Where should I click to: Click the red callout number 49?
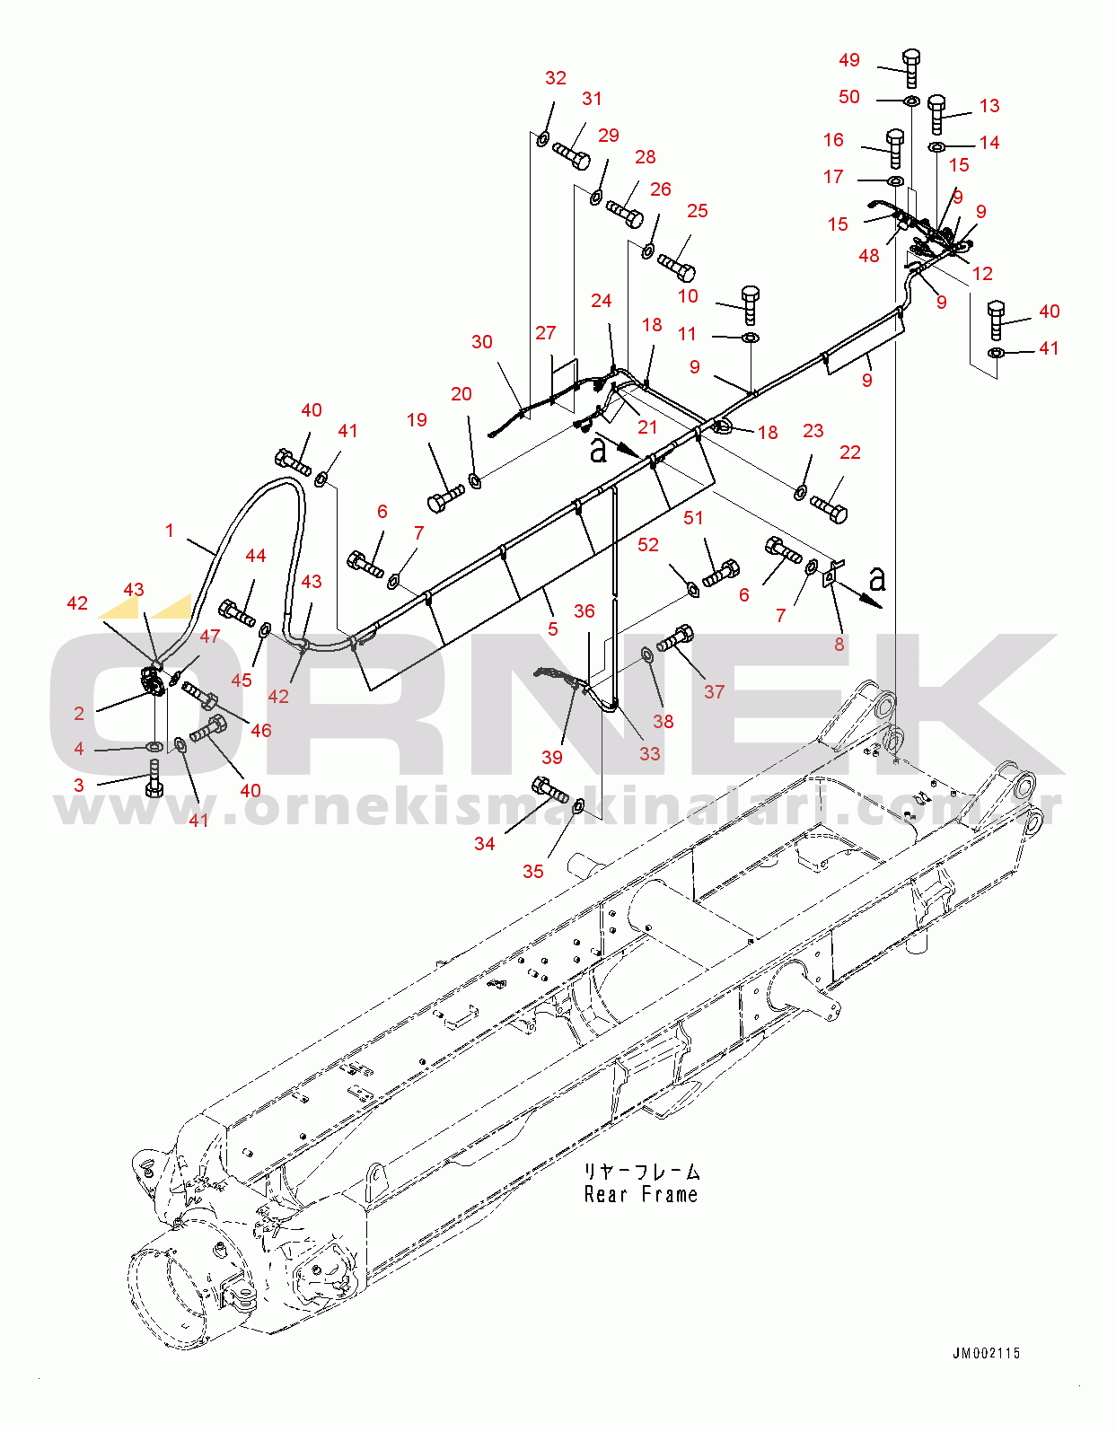pos(849,60)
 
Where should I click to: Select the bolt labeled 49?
pos(910,68)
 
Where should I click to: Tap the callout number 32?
pos(556,78)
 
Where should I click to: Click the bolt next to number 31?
pos(571,156)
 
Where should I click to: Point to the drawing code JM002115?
pos(986,1353)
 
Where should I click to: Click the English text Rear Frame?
pos(640,1195)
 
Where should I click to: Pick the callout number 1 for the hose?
pos(170,531)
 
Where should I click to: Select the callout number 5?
pos(553,628)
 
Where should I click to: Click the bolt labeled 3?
pos(154,777)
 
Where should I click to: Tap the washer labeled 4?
pos(154,746)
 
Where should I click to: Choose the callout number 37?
pos(714,691)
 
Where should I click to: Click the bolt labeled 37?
pos(675,638)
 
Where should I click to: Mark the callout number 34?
pos(485,843)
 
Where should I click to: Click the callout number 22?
pos(849,452)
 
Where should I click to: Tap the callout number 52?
pos(648,545)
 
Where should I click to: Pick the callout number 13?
pos(989,106)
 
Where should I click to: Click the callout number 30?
pos(482,342)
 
